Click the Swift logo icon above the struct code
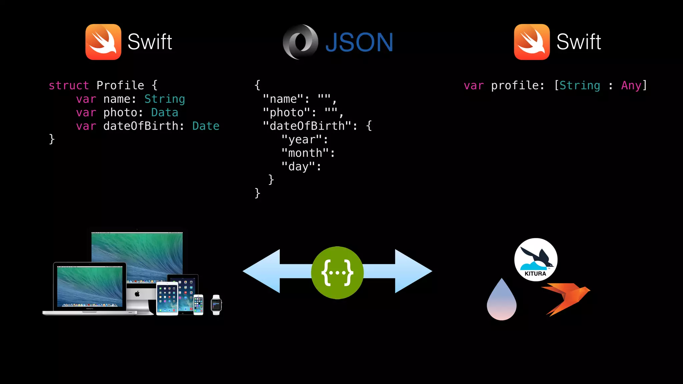tap(103, 42)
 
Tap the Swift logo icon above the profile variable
tap(532, 42)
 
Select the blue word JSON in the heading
tap(359, 43)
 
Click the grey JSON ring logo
tap(300, 42)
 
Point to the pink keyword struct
tap(69, 86)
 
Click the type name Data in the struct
tap(164, 113)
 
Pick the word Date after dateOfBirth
tap(206, 126)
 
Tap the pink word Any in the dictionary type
tap(631, 86)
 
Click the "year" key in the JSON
tap(301, 140)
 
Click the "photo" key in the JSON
tap(286, 113)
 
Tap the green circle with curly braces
tap(337, 273)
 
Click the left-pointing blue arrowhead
tap(262, 271)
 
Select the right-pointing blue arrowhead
tap(413, 271)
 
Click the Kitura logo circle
tap(536, 260)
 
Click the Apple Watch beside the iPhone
tap(216, 305)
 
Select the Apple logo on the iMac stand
tap(137, 294)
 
